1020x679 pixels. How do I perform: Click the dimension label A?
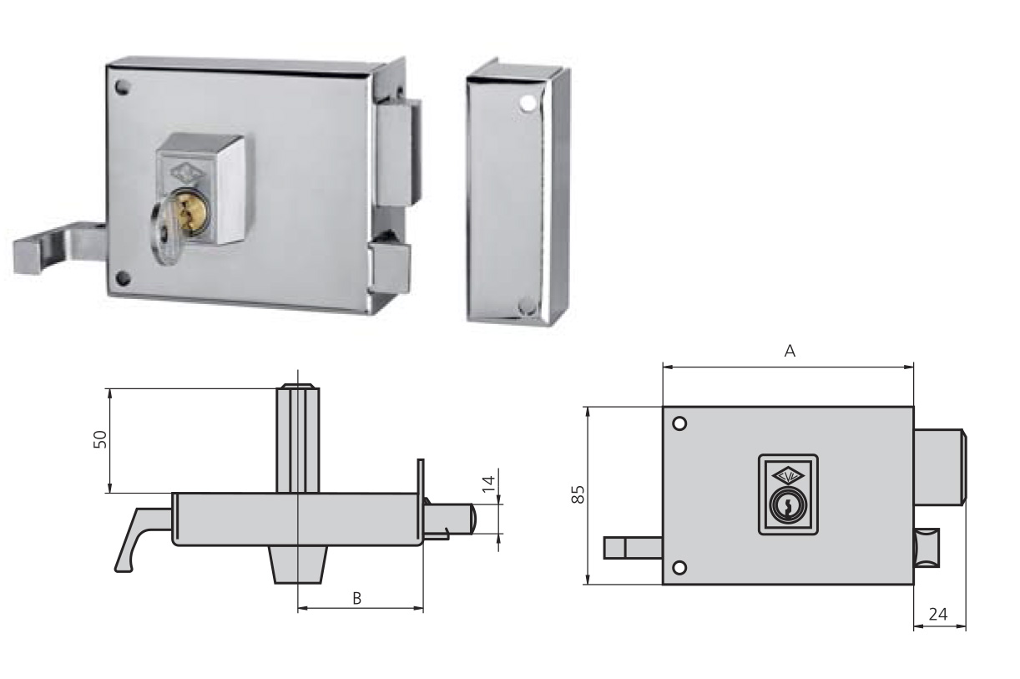pos(790,352)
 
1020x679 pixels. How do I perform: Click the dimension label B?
pos(356,598)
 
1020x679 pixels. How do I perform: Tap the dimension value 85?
pos(576,494)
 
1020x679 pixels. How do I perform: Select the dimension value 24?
pos(938,614)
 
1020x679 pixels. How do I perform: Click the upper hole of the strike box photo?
pos(526,104)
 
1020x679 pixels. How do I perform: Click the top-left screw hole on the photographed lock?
pos(124,86)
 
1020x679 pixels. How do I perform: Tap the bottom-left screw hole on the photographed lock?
pos(124,277)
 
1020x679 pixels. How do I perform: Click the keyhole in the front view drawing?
pos(786,506)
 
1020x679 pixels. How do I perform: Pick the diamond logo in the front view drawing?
pos(787,476)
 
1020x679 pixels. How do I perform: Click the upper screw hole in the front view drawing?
pos(679,423)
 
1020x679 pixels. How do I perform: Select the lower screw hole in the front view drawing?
pos(679,568)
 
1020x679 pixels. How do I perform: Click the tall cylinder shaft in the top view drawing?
pos(298,438)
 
